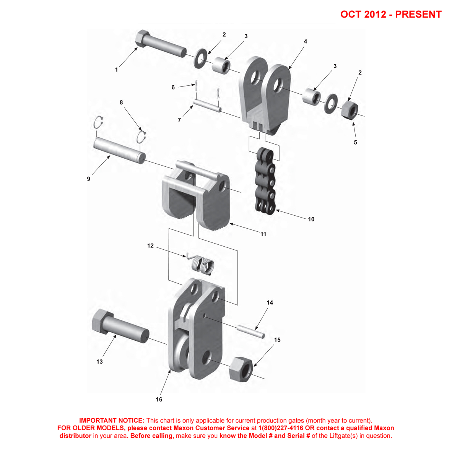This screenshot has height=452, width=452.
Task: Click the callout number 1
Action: [x=117, y=70]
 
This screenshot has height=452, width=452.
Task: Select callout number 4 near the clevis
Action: [x=306, y=42]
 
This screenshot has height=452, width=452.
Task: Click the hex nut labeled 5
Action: [x=350, y=109]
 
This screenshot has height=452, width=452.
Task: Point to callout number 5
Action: [x=355, y=142]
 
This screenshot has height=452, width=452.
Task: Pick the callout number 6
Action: [x=173, y=87]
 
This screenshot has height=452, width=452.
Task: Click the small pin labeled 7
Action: [x=207, y=105]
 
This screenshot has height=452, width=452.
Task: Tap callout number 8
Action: [x=121, y=102]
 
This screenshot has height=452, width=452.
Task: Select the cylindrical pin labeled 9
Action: [x=119, y=150]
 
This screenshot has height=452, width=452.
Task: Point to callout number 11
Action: [x=263, y=234]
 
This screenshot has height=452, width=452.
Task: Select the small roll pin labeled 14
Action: [x=250, y=332]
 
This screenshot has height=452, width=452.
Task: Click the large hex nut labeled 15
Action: [x=241, y=369]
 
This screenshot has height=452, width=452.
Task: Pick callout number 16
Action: [x=159, y=400]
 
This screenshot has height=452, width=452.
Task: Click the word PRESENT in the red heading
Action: [x=418, y=15]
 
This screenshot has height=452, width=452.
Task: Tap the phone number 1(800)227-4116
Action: [x=281, y=428]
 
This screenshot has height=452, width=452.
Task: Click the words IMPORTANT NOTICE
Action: [x=112, y=421]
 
